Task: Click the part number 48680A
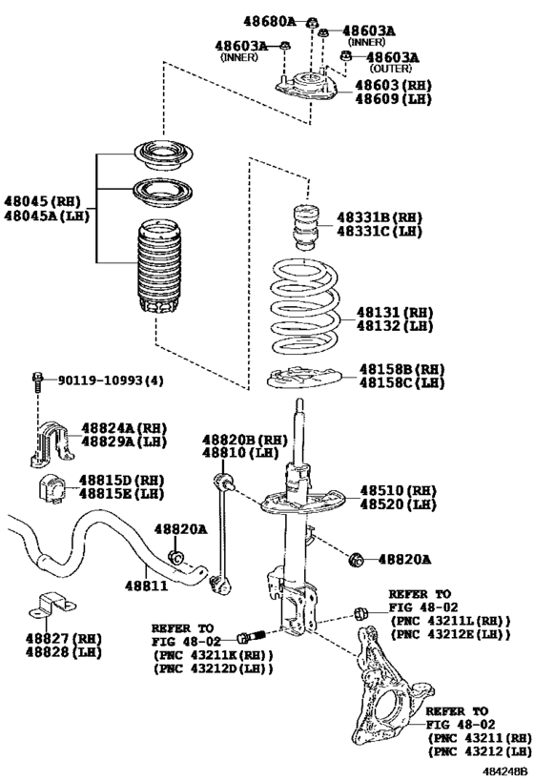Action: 269,21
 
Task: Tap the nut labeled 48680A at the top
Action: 313,22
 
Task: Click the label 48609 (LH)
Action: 393,98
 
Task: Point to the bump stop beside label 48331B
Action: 305,227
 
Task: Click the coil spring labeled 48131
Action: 305,305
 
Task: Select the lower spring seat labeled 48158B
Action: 303,377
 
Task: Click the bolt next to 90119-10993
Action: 36,381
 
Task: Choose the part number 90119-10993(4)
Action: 111,380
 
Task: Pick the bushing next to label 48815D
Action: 51,490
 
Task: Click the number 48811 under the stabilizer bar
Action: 147,585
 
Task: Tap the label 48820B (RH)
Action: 244,441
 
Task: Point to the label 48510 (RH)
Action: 398,490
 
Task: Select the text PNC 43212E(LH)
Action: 451,634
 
